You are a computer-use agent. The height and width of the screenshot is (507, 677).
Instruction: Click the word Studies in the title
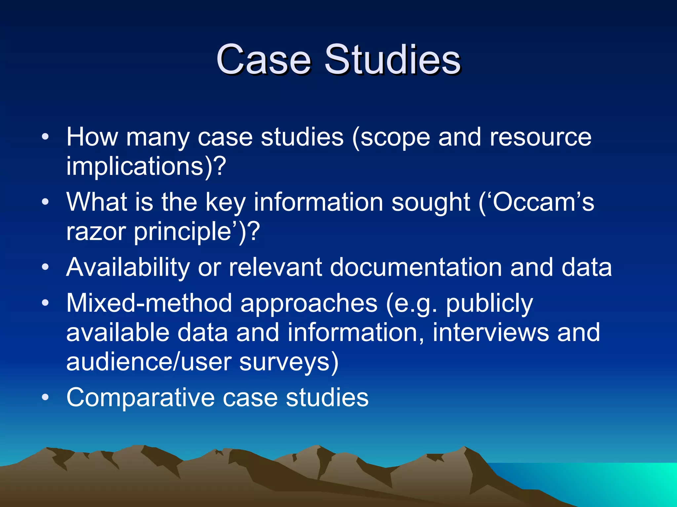(x=392, y=60)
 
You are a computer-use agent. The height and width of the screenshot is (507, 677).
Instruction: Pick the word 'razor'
(x=96, y=231)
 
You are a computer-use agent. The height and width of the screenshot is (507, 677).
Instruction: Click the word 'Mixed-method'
(x=149, y=303)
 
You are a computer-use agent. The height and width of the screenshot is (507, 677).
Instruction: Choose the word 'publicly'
(x=489, y=303)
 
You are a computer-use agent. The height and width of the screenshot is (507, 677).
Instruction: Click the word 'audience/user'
(x=149, y=362)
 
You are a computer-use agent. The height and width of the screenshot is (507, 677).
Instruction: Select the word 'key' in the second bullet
(x=225, y=202)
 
